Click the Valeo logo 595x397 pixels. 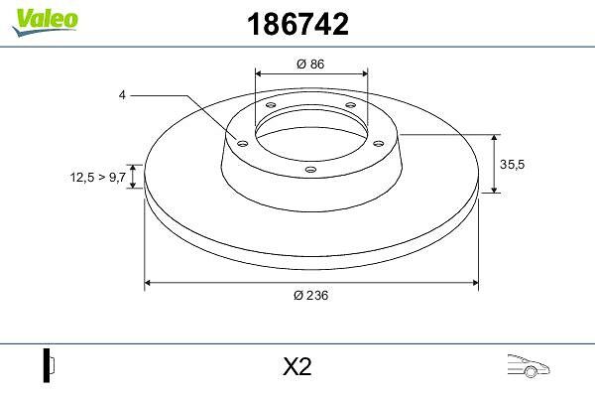46,23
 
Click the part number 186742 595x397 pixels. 297,24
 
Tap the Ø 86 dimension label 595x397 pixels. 310,64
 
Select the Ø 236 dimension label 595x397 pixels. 310,295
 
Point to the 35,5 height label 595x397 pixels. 512,165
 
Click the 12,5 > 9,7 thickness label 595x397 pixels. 97,177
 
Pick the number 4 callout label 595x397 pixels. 122,95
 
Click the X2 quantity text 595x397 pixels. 297,366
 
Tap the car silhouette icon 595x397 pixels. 529,366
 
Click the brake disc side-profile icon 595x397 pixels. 49,365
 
